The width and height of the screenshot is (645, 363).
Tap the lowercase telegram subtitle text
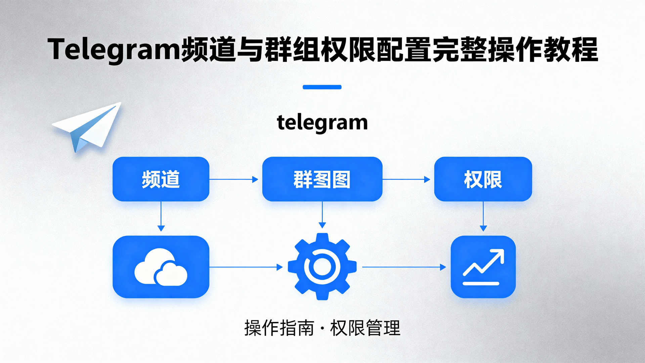(322, 122)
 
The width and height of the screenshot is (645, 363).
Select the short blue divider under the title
(322, 87)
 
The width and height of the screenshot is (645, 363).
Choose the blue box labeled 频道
(161, 179)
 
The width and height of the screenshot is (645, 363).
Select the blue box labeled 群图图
(322, 179)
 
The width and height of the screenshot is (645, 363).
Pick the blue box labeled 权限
(483, 179)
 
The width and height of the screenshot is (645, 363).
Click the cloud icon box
(161, 267)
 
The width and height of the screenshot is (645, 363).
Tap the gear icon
(322, 267)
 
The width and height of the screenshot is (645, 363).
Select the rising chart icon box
(483, 267)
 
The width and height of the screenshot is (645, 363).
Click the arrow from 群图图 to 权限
(406, 179)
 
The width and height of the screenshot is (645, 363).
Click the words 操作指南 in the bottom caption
(279, 328)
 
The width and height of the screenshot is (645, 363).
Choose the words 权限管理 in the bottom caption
(365, 328)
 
